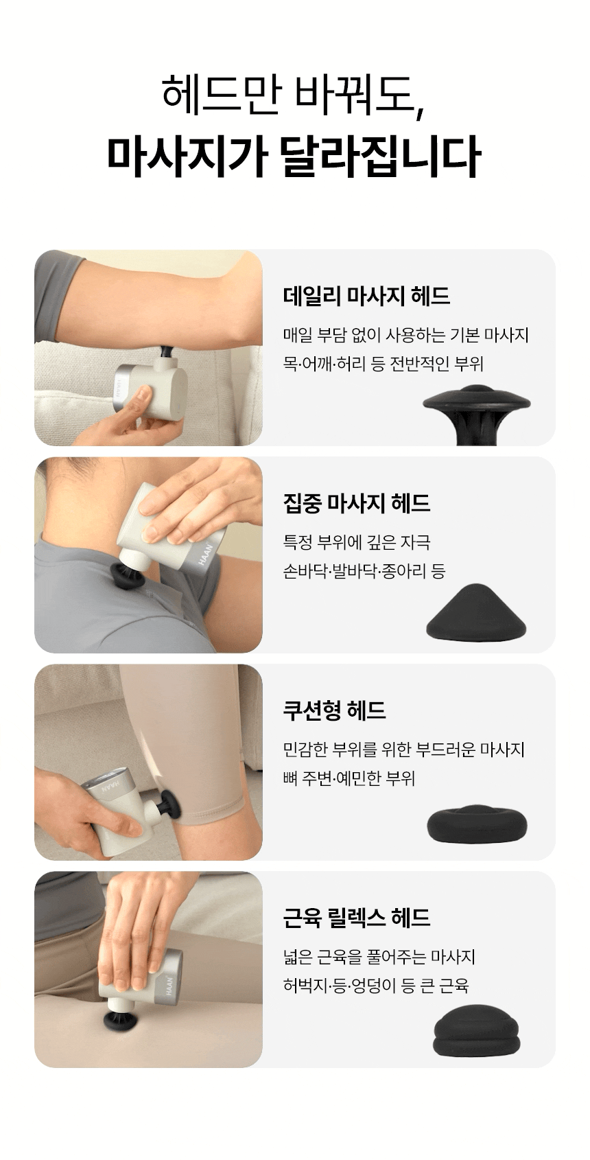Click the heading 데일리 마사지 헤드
(366, 297)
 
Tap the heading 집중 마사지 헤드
(357, 503)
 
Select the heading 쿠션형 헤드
(334, 710)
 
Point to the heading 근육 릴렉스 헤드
(357, 918)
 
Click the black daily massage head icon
(477, 415)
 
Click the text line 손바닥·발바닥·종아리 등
(364, 571)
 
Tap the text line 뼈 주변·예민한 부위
(349, 778)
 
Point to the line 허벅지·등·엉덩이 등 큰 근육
(376, 986)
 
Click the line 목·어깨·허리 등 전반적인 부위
(383, 364)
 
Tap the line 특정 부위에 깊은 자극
(357, 542)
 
